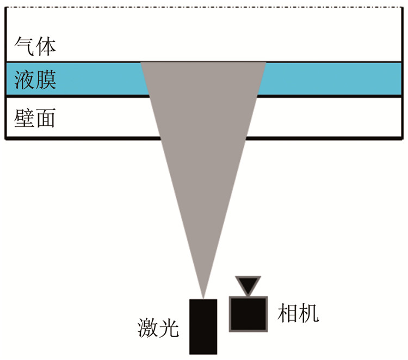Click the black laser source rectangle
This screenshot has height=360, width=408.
(x=203, y=326)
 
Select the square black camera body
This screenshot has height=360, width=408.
(x=249, y=313)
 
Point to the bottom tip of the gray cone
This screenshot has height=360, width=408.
(x=203, y=296)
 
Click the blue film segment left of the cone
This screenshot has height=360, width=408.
(x=76, y=80)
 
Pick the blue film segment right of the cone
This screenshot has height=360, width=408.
(x=332, y=80)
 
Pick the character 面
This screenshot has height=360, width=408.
(x=45, y=118)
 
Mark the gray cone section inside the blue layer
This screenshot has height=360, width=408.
(x=203, y=80)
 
